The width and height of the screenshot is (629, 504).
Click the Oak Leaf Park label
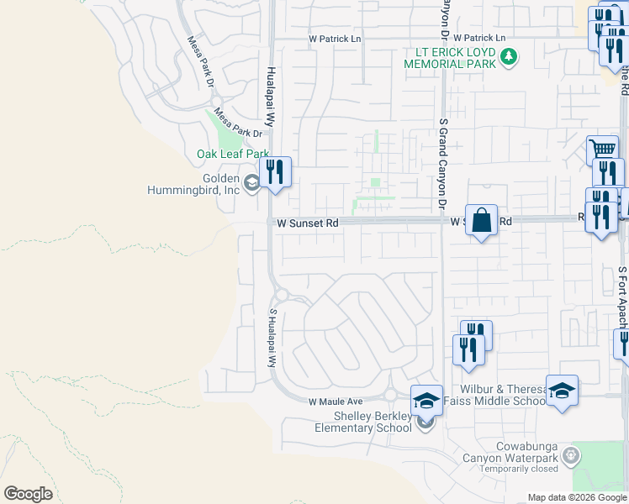pos(232,154)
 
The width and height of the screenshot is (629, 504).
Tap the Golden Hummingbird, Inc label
pos(221,185)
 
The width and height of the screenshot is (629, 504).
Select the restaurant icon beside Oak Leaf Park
pos(275,172)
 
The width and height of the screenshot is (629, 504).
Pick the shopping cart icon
pos(602,151)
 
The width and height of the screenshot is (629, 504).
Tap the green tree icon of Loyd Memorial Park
pos(509,57)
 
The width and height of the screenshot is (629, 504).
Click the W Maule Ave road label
pos(335,402)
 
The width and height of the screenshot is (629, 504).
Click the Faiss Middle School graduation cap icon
pos(562,391)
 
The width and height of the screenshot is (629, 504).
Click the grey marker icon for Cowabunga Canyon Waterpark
pos(572,455)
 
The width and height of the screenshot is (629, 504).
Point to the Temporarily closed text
pos(521,470)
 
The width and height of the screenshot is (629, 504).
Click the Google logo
pos(28,493)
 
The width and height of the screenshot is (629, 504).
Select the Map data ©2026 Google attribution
pos(576,497)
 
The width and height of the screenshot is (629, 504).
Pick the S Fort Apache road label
pos(622,294)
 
